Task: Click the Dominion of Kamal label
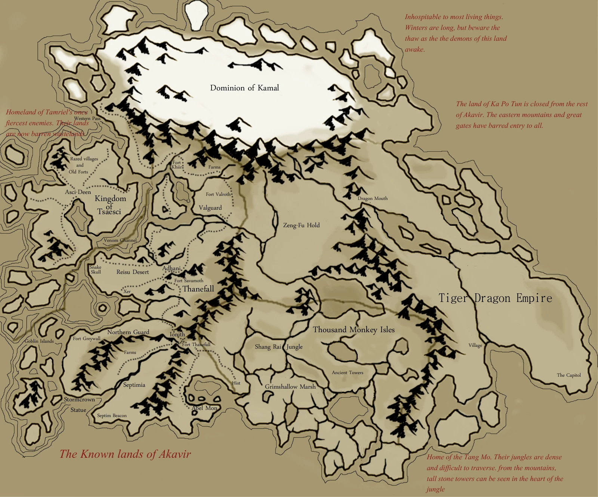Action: [244, 88]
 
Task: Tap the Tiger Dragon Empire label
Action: [495, 298]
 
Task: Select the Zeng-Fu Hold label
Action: [301, 225]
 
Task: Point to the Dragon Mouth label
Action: [372, 198]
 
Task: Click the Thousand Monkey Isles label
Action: [354, 330]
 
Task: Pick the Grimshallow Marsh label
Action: [290, 387]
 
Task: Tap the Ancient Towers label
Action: [347, 373]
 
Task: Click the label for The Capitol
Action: [568, 375]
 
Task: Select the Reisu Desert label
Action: [132, 272]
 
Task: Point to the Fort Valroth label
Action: [218, 194]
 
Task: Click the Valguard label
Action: [210, 208]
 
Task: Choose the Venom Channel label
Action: [120, 240]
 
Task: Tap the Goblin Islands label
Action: [39, 341]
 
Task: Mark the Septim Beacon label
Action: [112, 416]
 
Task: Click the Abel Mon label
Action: [204, 408]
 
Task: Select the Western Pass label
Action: [87, 118]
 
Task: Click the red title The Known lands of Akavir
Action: [125, 454]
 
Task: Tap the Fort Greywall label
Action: [86, 339]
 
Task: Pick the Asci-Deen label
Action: [78, 192]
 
